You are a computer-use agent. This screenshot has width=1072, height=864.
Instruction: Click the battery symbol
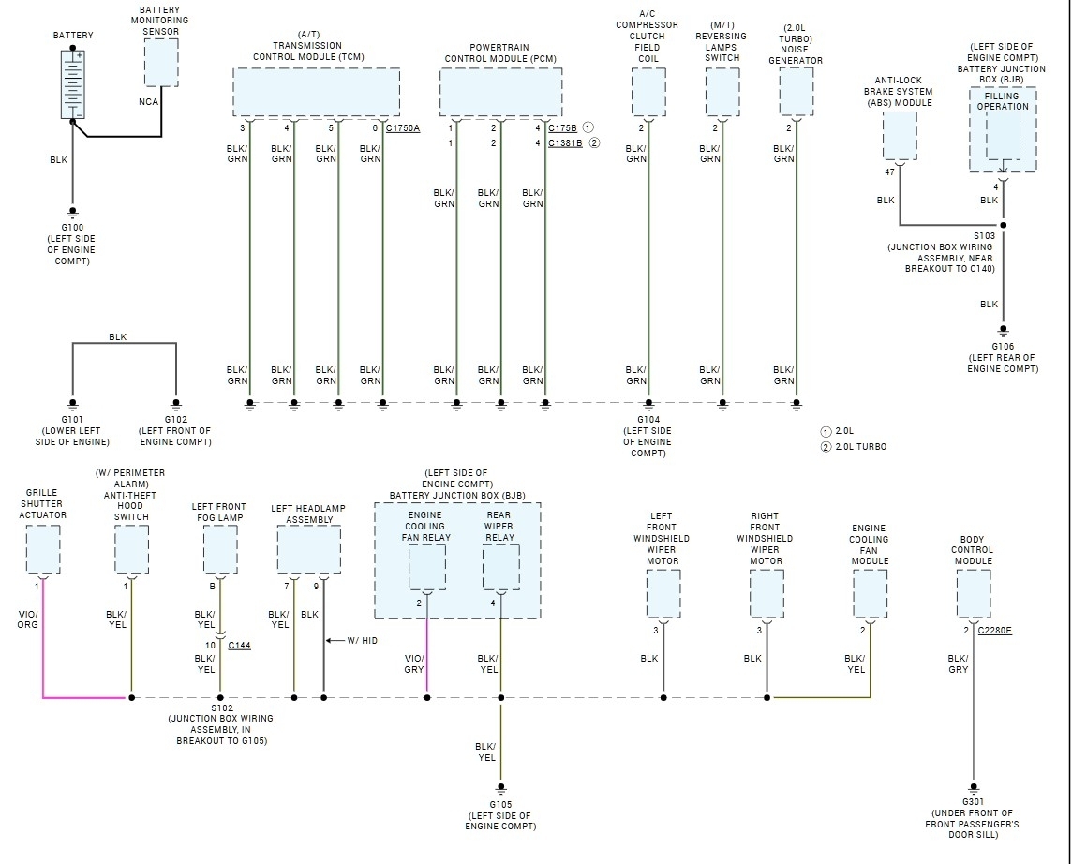click(x=72, y=84)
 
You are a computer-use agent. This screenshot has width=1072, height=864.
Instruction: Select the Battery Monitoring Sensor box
click(x=161, y=63)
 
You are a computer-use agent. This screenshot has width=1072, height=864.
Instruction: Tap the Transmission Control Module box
click(x=316, y=92)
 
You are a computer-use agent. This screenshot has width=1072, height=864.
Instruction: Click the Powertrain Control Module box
click(x=500, y=92)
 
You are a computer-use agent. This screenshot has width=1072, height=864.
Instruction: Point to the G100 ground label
click(x=72, y=228)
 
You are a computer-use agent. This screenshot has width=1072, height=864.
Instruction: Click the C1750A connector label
click(x=403, y=127)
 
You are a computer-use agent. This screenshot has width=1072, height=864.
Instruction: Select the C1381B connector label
click(x=565, y=143)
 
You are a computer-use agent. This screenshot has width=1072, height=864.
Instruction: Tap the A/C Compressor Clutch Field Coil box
click(x=648, y=92)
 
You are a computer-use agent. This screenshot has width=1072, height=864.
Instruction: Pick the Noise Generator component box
click(x=797, y=92)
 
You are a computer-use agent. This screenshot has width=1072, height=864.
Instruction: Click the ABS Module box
click(x=900, y=137)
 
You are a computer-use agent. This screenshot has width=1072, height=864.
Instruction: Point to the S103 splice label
click(x=984, y=236)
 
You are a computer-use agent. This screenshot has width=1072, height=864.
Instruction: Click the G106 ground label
click(x=1003, y=346)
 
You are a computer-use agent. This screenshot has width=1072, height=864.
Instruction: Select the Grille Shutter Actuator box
click(x=43, y=549)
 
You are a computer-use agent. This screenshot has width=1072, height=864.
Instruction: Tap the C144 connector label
click(x=239, y=646)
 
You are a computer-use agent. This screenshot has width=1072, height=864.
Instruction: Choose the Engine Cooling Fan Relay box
click(x=427, y=566)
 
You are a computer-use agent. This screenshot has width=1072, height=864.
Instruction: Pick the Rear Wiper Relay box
click(x=500, y=566)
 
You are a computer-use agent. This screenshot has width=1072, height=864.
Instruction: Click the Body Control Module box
click(x=974, y=593)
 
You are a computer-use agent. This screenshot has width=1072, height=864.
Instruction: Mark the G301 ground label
click(x=974, y=802)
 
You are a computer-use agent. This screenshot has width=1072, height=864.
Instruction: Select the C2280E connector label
click(x=995, y=631)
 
